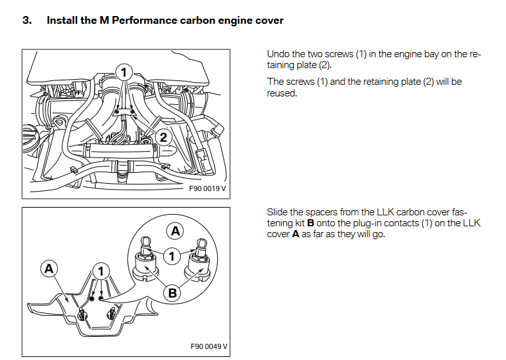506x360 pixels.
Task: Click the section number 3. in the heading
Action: click(27, 20)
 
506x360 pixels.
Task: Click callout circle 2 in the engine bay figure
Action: click(164, 137)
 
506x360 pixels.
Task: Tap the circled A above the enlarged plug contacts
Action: click(175, 230)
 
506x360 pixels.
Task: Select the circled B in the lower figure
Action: click(172, 293)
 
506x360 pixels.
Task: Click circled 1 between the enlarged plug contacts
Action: click(171, 256)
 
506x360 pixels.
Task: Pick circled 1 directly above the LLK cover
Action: click(101, 271)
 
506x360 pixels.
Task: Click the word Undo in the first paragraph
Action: click(278, 55)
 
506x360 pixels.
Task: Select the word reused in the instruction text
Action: click(281, 93)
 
